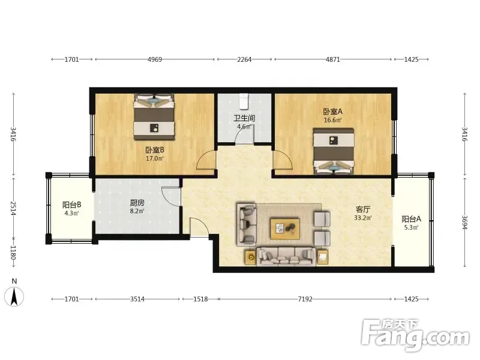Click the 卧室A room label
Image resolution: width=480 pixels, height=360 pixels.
(333, 112)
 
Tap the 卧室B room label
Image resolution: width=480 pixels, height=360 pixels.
(155, 150)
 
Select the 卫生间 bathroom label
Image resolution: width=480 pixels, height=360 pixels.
(244, 118)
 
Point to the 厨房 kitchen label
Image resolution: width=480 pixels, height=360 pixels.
(137, 203)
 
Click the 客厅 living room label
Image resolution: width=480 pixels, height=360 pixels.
(363, 209)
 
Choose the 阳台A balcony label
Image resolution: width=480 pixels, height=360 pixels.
(411, 219)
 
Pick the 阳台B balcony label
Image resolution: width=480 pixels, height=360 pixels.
(71, 205)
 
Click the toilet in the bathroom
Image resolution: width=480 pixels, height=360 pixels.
(244, 101)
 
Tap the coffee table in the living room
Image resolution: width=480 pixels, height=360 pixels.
(284, 228)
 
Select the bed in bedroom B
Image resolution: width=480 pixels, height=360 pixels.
(154, 117)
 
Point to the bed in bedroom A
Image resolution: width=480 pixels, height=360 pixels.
(334, 152)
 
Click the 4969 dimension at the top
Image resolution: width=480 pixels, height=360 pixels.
(155, 59)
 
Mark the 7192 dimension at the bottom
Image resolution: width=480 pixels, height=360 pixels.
(305, 299)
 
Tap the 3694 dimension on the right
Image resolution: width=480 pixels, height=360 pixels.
(464, 223)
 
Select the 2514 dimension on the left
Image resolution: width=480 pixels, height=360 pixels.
(13, 208)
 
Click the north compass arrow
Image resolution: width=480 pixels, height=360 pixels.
(14, 296)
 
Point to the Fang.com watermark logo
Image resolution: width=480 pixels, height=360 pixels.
(415, 335)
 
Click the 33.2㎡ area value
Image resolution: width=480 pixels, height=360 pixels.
(363, 218)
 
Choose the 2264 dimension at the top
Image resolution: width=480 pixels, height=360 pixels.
(244, 59)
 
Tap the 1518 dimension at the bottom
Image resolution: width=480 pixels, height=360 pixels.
(200, 299)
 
